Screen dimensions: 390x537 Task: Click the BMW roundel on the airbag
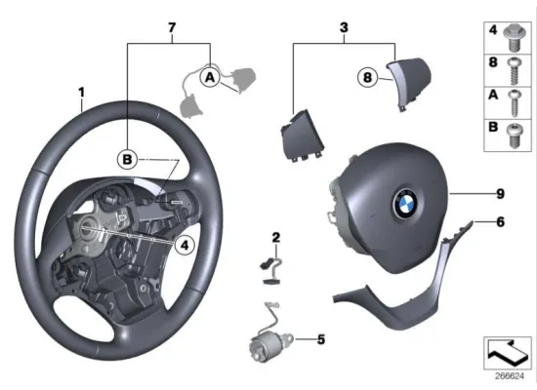pyautogui.click(x=404, y=204)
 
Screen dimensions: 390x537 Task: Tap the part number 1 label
pyautogui.click(x=82, y=93)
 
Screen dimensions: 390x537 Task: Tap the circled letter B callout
pyautogui.click(x=127, y=158)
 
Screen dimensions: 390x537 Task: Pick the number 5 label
pyautogui.click(x=320, y=340)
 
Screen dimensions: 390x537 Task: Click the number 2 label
pyautogui.click(x=275, y=237)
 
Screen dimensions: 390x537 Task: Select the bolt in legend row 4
pyautogui.click(x=513, y=38)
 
